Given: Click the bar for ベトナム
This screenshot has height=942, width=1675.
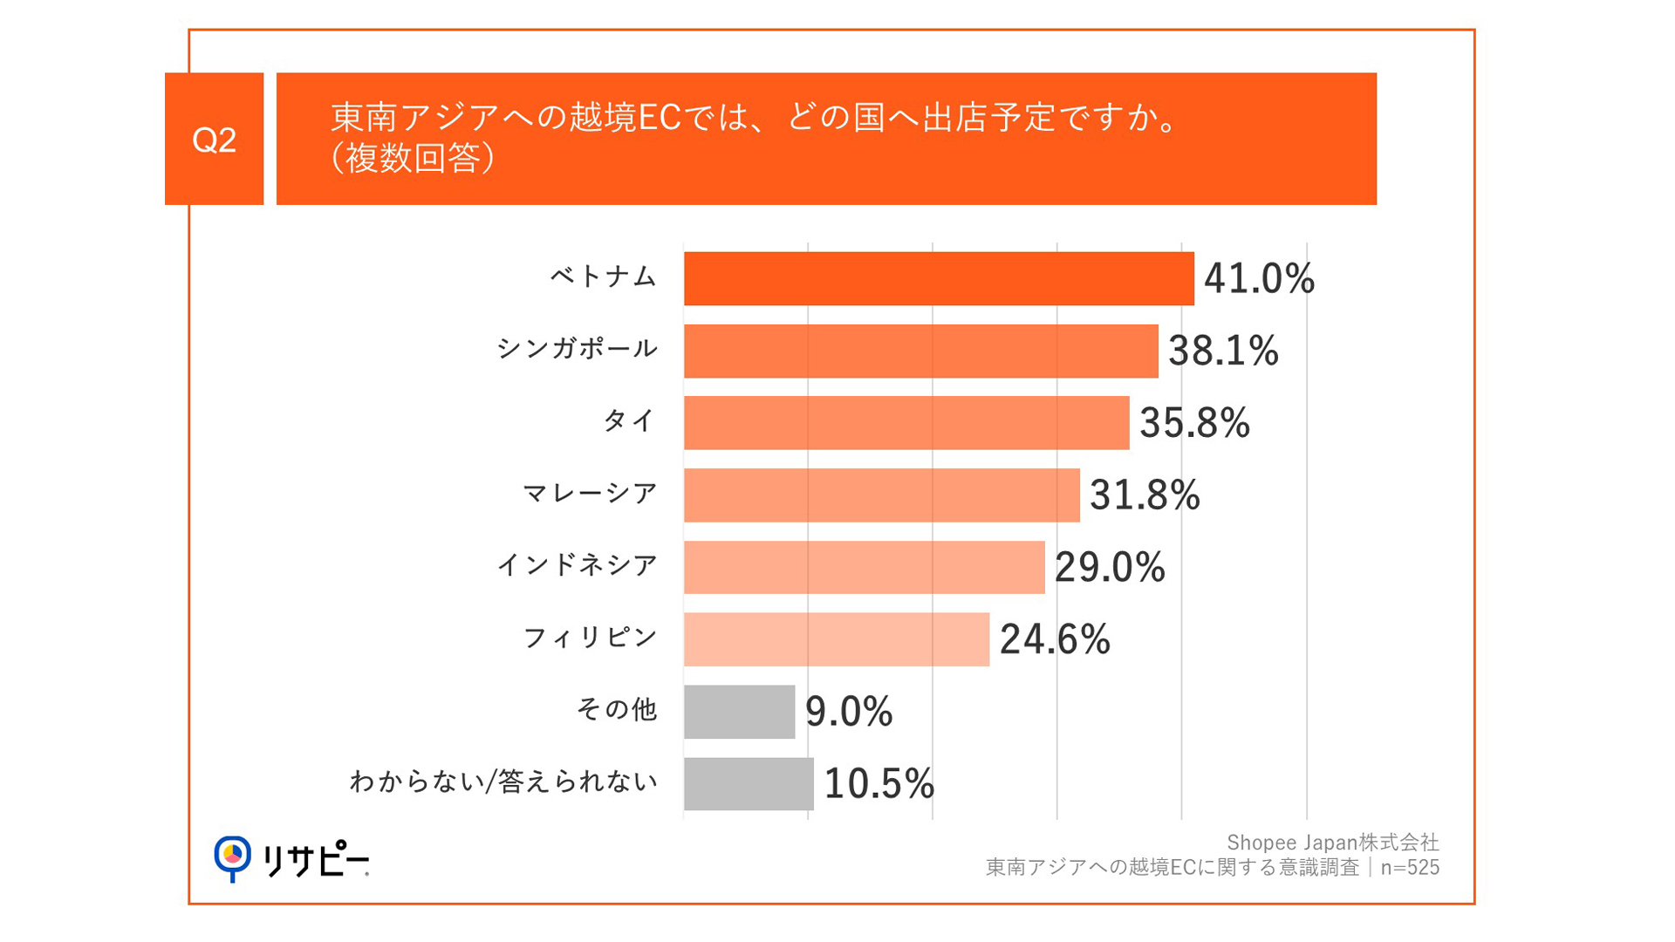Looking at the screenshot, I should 938,279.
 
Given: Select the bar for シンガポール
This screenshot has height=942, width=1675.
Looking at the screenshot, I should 920,352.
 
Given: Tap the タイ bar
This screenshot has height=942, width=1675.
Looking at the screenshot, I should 906,423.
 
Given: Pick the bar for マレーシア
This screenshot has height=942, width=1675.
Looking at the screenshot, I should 881,495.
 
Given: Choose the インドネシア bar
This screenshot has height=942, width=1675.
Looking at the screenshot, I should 864,568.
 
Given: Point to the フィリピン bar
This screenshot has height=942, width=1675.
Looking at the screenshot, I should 836,639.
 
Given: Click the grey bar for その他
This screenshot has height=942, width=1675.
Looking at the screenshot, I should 739,712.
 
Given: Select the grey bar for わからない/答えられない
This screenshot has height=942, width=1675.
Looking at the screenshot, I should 748,784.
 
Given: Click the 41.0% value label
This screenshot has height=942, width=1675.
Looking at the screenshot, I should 1258,279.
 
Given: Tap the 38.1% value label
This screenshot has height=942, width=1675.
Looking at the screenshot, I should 1222,352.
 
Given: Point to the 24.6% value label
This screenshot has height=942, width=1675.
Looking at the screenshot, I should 1054,639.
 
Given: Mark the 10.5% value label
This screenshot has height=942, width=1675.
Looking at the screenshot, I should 879,784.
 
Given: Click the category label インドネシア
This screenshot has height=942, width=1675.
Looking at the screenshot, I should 577,565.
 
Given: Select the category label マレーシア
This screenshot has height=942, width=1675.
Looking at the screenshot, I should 589,494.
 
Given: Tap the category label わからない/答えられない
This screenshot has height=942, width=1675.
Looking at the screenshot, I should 503,782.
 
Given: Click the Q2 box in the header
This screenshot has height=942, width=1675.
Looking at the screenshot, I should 214,140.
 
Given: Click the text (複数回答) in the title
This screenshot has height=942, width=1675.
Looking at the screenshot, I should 413,158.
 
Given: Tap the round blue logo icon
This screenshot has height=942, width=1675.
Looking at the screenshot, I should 232,857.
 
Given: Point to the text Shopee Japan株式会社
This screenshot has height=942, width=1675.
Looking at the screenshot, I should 1332,843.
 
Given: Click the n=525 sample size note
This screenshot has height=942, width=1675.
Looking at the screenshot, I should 1410,868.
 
